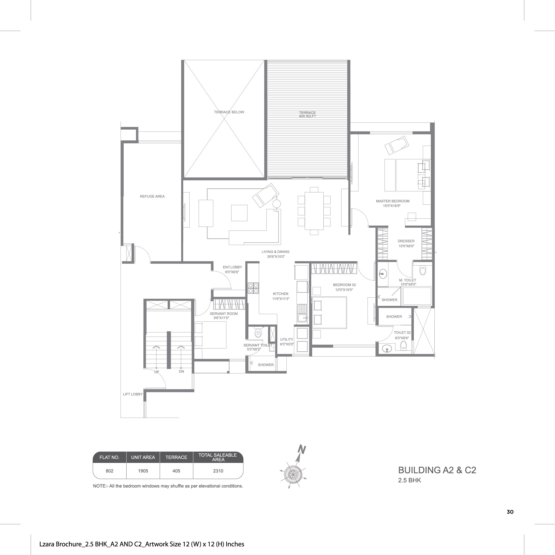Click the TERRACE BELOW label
tap(229, 112)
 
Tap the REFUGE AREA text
tap(152, 197)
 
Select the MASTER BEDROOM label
tap(393, 201)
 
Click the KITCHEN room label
tap(281, 294)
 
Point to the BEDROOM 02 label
tap(345, 285)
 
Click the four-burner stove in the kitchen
tap(253, 288)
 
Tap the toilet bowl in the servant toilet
tap(258, 333)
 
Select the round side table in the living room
tap(277, 204)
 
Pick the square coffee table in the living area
tap(239, 213)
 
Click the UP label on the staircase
tap(156, 372)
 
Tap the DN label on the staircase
tap(181, 371)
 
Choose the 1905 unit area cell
tap(143, 471)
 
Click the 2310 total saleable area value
tap(218, 471)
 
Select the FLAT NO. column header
tap(109, 457)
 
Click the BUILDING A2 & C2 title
tap(437, 470)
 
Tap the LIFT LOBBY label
tap(133, 394)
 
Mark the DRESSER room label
tap(406, 241)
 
